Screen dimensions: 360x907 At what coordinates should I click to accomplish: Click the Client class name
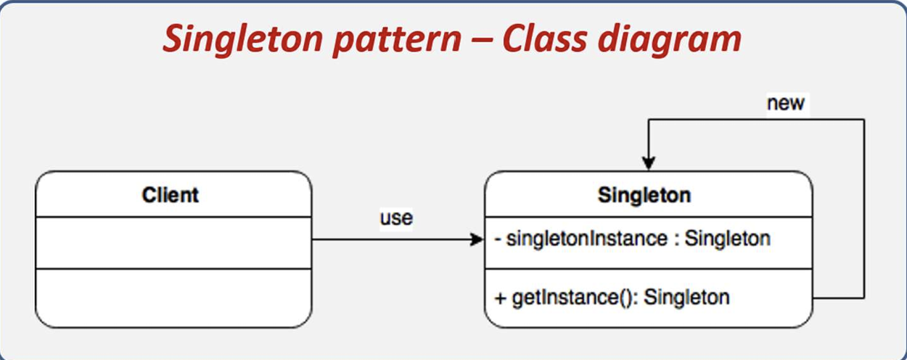171,195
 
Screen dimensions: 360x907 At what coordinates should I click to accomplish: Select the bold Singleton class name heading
644,195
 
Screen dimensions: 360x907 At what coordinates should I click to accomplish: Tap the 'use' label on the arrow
396,218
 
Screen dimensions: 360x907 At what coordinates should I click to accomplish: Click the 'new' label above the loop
786,104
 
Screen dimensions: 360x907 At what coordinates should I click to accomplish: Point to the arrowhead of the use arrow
477,240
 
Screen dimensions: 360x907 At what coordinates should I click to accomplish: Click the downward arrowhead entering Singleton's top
649,163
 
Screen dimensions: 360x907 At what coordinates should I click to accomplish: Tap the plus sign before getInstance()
500,298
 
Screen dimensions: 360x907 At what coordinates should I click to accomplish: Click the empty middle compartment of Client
173,242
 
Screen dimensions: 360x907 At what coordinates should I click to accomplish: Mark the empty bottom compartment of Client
173,298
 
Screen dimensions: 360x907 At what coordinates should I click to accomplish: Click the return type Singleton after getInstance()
686,297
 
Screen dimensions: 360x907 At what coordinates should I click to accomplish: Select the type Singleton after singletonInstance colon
727,238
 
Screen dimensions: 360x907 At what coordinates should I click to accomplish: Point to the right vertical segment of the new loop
863,210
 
